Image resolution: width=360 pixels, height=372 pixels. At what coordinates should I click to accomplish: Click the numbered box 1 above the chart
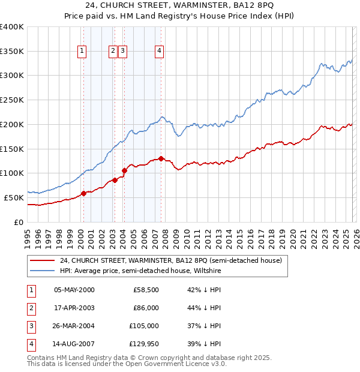[82, 52]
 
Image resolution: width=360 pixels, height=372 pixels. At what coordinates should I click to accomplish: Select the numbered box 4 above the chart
[160, 52]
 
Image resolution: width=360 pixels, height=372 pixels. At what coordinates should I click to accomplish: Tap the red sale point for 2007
[161, 158]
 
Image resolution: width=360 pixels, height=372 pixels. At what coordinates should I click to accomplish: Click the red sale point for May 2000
[84, 193]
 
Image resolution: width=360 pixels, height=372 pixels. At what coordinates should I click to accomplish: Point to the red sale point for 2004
[124, 170]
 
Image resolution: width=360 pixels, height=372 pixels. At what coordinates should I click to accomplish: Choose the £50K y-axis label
[14, 197]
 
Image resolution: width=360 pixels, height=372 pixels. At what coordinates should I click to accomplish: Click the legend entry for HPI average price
[140, 271]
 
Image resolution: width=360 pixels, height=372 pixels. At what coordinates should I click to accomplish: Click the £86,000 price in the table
[146, 308]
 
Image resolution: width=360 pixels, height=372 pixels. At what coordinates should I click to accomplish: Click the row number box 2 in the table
[31, 308]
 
